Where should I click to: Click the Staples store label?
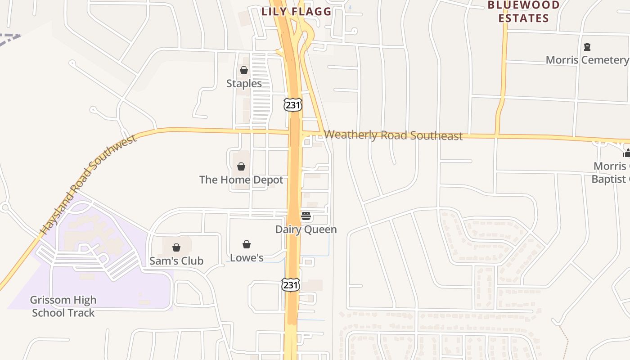(x=244, y=84)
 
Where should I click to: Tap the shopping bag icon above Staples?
(x=244, y=70)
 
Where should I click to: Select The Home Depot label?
(x=241, y=180)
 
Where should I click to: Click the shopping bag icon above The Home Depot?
(x=241, y=166)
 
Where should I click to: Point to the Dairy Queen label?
(x=306, y=229)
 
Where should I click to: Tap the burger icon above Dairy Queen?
(x=306, y=216)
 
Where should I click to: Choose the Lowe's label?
(x=247, y=258)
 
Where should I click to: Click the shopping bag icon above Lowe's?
(x=247, y=244)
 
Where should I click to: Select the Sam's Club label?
(x=176, y=261)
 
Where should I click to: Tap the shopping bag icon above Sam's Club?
(x=176, y=247)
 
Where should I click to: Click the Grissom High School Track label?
(x=63, y=306)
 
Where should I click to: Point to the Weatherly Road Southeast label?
(x=393, y=135)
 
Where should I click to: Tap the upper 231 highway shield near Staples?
(x=292, y=105)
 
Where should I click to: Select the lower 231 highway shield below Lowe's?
(x=291, y=285)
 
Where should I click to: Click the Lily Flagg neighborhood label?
(x=297, y=12)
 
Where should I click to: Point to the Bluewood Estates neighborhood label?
(x=524, y=12)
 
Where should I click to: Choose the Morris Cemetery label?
(x=587, y=60)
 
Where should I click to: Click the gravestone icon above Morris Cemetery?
(x=587, y=47)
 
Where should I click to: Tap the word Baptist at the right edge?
(x=610, y=179)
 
